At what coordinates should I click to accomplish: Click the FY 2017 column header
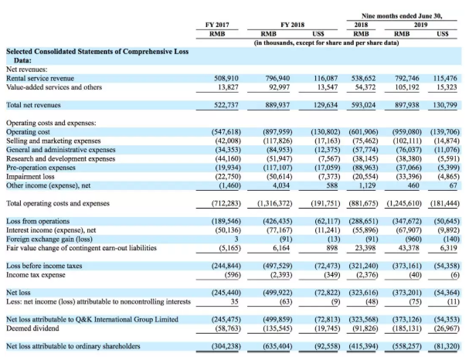[x=217, y=25]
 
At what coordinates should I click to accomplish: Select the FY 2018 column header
[x=292, y=25]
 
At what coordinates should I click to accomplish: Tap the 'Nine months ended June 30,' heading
[x=402, y=16]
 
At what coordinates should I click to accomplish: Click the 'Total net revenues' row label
[x=33, y=105]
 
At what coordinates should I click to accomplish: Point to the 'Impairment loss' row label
[x=30, y=176]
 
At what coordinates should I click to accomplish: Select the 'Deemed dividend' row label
[x=32, y=328]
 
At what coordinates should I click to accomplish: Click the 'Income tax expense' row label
[x=36, y=275]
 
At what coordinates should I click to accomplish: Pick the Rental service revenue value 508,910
[x=226, y=78]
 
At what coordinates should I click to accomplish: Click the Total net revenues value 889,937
[x=277, y=105]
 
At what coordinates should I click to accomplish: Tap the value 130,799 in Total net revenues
[x=445, y=105]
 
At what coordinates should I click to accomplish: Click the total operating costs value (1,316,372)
[x=275, y=203]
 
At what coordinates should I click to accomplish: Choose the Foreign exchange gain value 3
[x=236, y=239]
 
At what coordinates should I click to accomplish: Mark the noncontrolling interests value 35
[x=235, y=301]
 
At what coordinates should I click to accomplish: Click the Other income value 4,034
[x=281, y=185]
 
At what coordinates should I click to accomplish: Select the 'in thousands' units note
[x=326, y=42]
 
